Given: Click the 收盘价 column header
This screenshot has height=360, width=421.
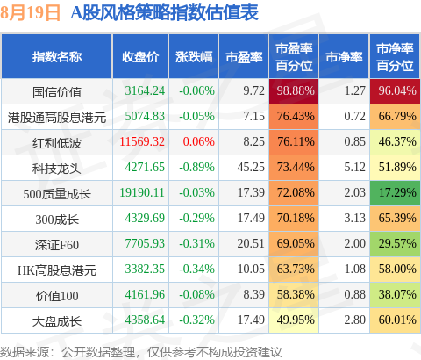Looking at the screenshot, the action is click(x=140, y=57).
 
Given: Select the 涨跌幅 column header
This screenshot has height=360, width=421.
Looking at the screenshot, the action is click(x=194, y=57).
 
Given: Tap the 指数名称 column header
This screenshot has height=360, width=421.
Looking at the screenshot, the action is click(x=57, y=57).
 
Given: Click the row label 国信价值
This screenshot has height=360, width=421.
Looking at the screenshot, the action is click(x=57, y=92).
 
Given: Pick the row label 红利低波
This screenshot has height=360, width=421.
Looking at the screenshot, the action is click(x=57, y=143).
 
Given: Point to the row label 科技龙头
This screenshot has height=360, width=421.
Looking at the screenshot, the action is click(x=57, y=169).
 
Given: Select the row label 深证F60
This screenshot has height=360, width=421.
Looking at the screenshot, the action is click(x=57, y=245).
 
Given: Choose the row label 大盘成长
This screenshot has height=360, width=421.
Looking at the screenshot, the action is click(x=57, y=321).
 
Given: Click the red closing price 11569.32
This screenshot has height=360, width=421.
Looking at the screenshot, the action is click(x=142, y=141).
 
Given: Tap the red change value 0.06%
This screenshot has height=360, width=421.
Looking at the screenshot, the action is click(x=199, y=141).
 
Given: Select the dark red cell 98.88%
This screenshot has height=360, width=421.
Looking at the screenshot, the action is click(x=294, y=91).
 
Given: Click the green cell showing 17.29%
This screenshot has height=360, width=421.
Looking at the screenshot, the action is click(x=395, y=193).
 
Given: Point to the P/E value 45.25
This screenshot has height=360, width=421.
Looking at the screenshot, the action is click(x=251, y=167).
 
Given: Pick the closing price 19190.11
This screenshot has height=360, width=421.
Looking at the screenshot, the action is click(x=142, y=192).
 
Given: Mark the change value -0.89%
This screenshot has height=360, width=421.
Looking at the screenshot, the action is click(x=197, y=167).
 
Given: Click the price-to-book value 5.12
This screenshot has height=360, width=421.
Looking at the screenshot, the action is click(x=354, y=167).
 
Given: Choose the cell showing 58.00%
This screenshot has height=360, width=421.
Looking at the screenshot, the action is click(x=395, y=270).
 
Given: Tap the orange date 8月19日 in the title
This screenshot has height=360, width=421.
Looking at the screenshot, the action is click(x=30, y=13).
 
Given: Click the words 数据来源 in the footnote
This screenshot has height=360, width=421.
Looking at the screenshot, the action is click(x=25, y=352).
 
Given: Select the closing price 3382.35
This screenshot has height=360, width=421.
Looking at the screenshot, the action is click(x=145, y=269).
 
